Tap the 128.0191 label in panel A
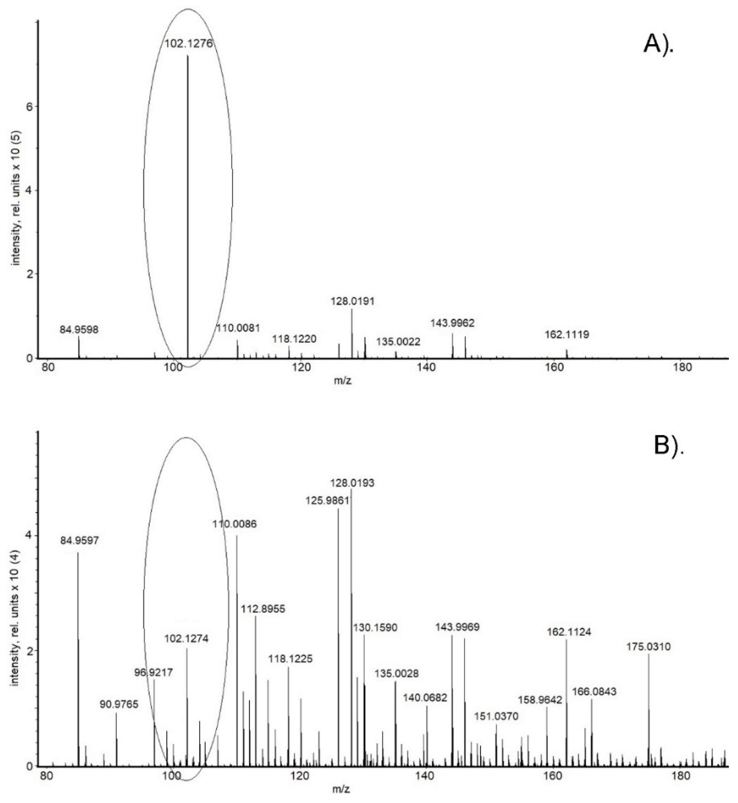353,301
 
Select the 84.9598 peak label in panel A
79,330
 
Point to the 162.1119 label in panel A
567,334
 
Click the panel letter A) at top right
658,46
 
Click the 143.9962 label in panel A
453,323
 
